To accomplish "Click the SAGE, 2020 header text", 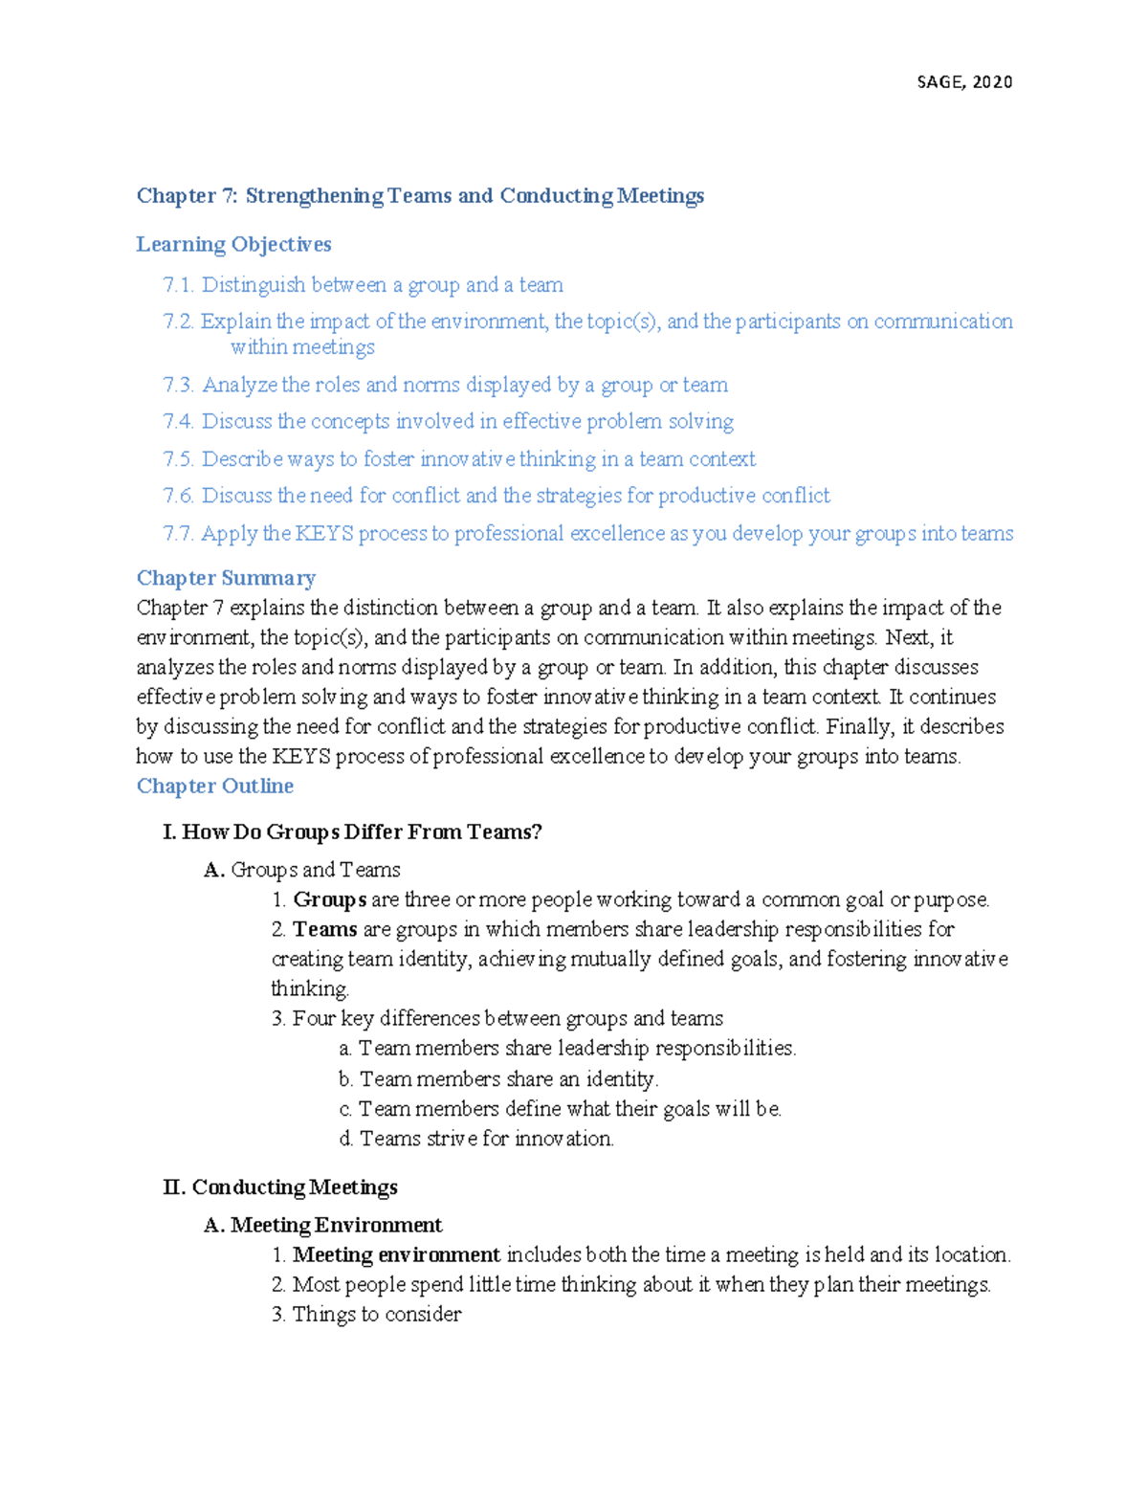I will [964, 82].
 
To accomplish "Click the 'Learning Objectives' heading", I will [233, 244].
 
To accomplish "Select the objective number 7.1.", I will [178, 285].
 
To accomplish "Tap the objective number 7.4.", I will [178, 422].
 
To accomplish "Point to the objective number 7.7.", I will [178, 534].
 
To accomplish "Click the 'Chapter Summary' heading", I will [226, 578].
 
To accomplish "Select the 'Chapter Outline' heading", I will [215, 786].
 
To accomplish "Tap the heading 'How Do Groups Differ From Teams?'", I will [362, 832].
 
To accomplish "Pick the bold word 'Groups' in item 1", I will [329, 899].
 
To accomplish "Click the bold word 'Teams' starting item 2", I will [324, 929].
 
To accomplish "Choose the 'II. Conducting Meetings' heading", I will [280, 1187].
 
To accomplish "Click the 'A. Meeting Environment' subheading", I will [323, 1226].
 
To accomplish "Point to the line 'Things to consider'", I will [376, 1315].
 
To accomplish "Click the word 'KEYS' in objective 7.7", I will [323, 534].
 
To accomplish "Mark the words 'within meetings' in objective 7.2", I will [302, 347].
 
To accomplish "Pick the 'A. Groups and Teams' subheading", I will [302, 870].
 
